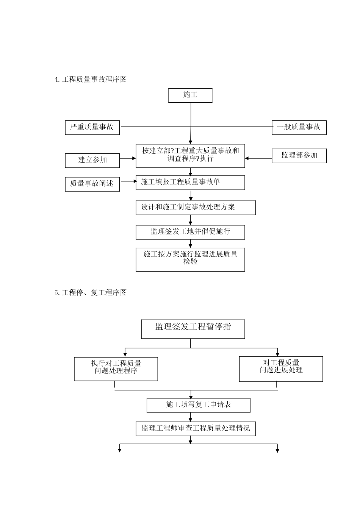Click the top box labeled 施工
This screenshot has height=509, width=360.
(190, 95)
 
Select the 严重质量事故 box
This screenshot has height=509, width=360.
(92, 127)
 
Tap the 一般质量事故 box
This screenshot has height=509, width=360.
(299, 127)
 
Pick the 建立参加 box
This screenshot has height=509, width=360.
(92, 160)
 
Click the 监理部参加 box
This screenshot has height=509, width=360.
(299, 156)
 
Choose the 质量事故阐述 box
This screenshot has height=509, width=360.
(92, 184)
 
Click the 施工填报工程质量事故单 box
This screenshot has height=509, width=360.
(190, 183)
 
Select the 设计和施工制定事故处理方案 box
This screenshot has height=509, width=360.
(196, 208)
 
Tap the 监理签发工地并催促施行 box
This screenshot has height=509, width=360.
(190, 232)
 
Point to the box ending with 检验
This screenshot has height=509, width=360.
(190, 259)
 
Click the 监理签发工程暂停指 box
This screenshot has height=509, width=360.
(193, 329)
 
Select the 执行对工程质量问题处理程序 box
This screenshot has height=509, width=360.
(116, 369)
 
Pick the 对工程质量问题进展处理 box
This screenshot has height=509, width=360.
(281, 368)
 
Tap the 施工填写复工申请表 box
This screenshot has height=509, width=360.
(198, 405)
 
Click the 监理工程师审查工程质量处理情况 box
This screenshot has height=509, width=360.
(196, 428)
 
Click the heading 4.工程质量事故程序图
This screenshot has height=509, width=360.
(91, 80)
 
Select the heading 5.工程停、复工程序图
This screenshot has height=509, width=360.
(91, 293)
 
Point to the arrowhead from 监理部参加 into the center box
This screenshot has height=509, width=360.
(247, 159)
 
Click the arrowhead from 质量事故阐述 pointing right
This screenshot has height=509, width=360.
(135, 181)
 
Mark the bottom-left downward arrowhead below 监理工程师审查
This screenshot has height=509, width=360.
(120, 450)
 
